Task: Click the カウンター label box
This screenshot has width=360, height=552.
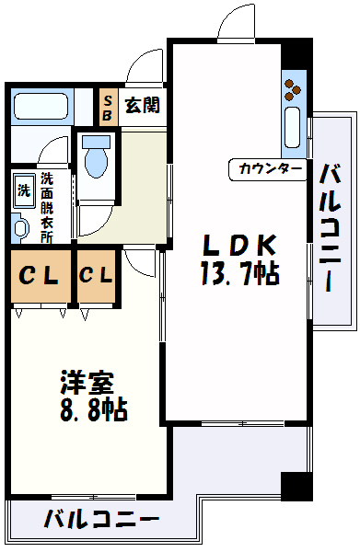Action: click(270, 168)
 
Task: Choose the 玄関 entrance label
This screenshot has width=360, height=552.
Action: click(143, 104)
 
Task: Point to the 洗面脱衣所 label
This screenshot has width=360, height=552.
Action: click(46, 207)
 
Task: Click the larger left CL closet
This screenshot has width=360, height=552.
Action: click(41, 275)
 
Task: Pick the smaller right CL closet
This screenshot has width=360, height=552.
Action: click(97, 275)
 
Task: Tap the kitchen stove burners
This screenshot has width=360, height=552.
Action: click(294, 89)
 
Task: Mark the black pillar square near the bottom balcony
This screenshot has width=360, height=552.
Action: click(294, 486)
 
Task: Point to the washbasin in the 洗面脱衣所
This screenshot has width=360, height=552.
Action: click(19, 226)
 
